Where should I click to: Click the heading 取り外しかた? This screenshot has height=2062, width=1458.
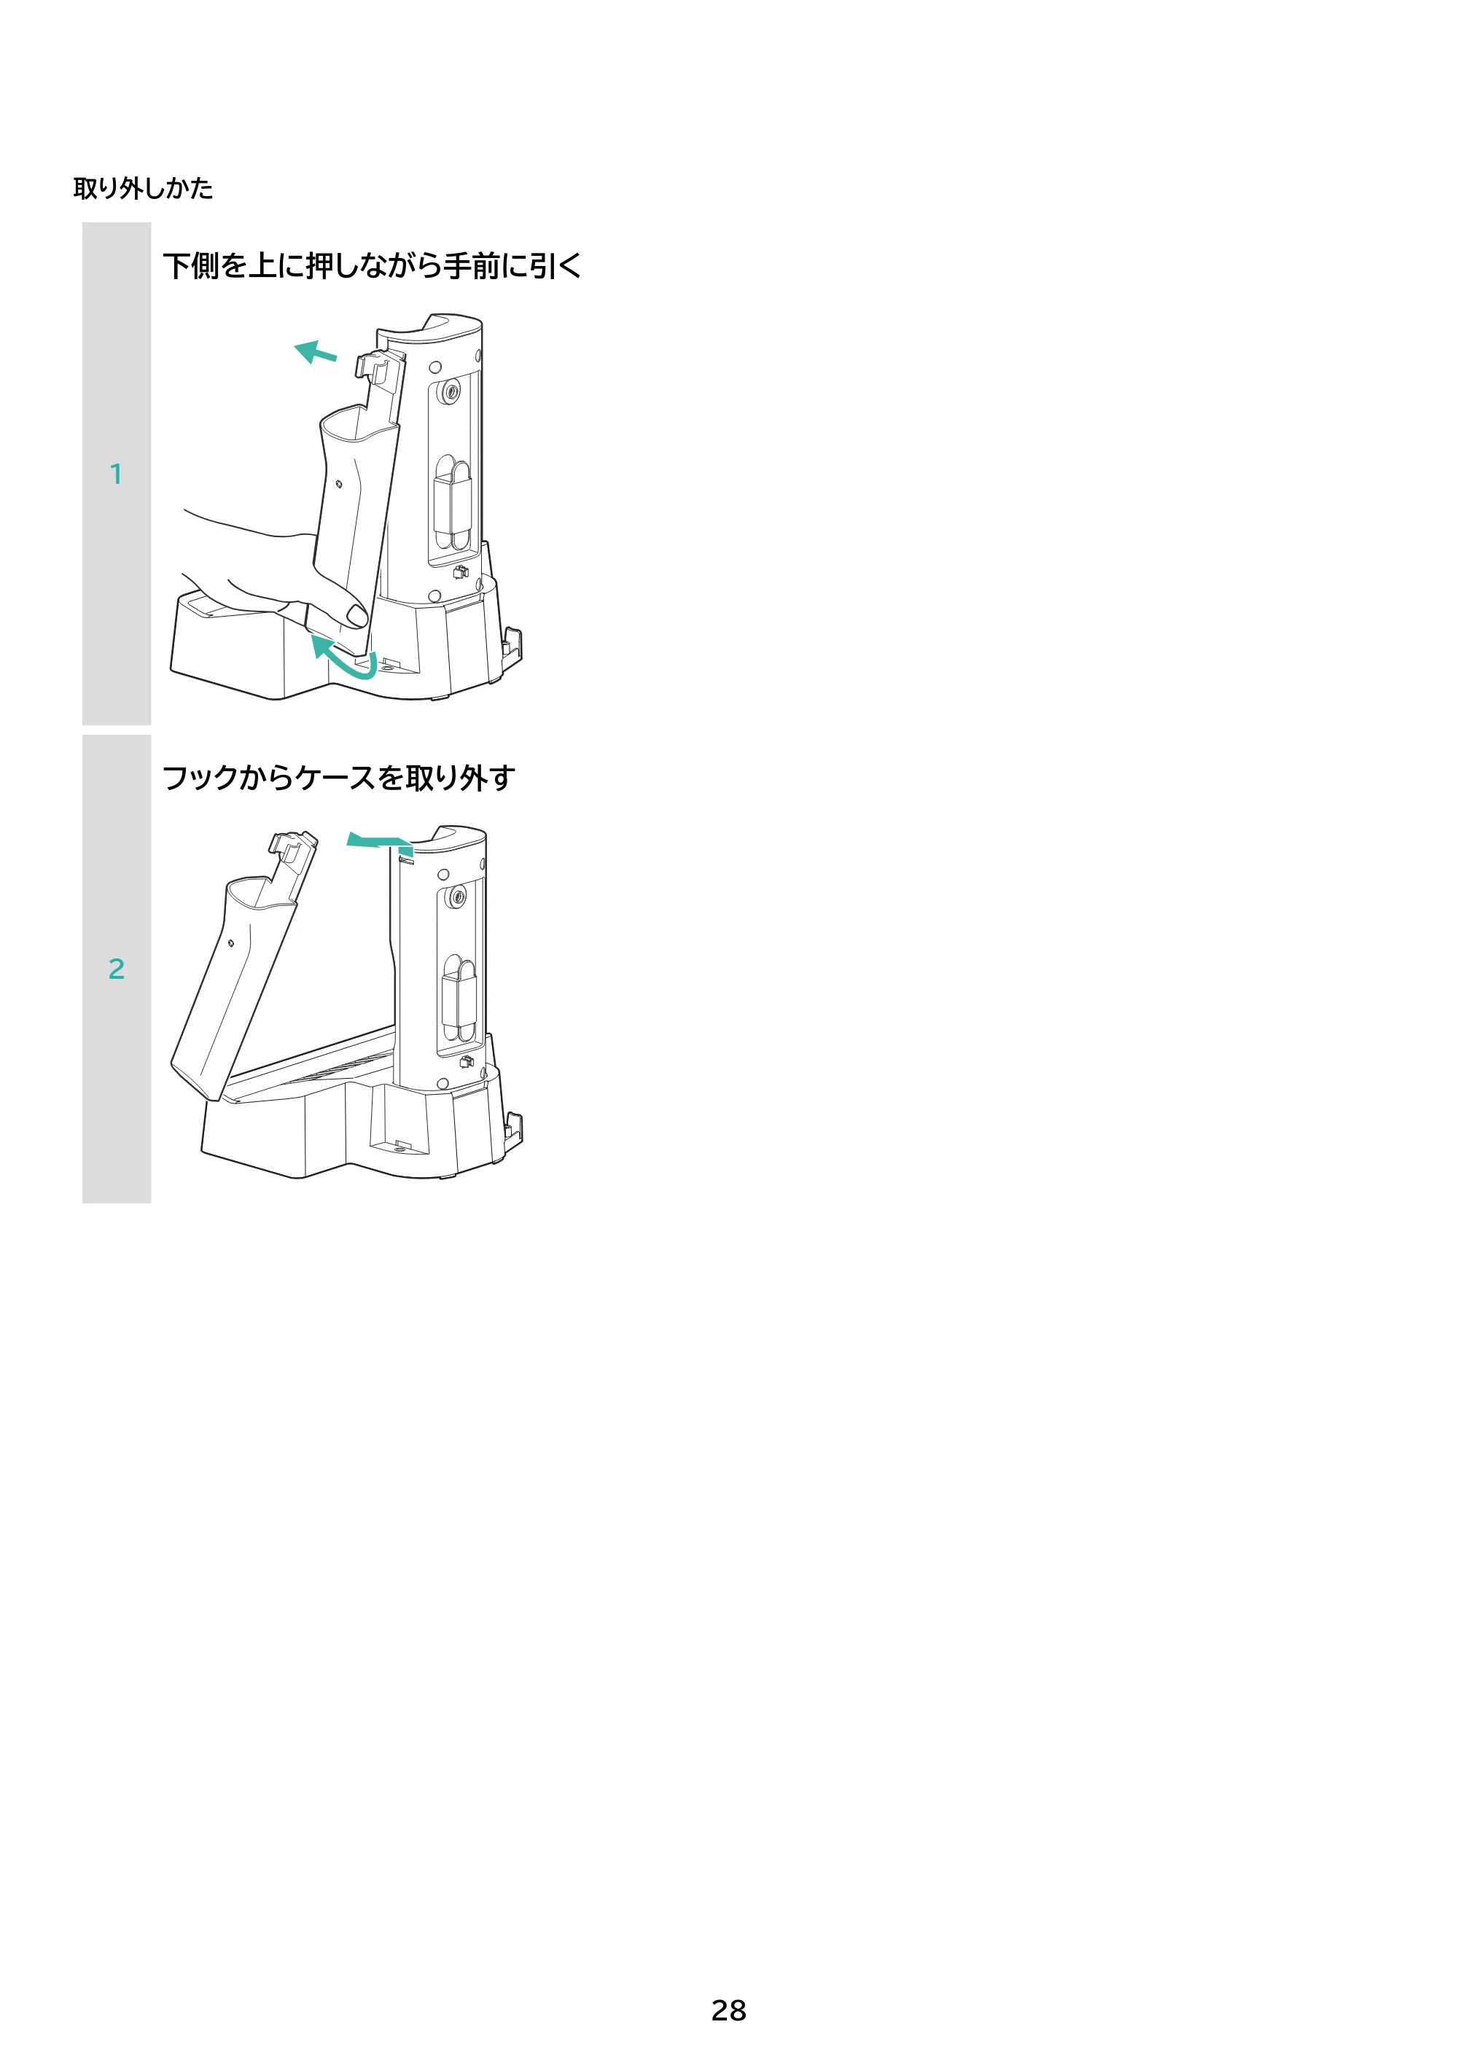[x=143, y=188]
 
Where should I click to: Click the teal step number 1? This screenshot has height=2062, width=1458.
[x=116, y=475]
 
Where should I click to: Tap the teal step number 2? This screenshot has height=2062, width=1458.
[x=116, y=969]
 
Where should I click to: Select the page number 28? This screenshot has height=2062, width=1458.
[x=728, y=2010]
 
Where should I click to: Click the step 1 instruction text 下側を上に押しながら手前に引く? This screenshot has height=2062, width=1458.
[x=372, y=266]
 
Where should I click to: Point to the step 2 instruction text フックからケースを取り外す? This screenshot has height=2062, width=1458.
[x=339, y=778]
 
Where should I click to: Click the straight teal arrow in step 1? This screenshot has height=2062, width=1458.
[x=316, y=351]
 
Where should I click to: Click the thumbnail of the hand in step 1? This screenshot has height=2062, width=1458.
[x=356, y=616]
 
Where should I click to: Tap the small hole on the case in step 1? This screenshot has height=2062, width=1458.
[x=339, y=484]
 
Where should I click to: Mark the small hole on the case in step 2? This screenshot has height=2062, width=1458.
[x=231, y=943]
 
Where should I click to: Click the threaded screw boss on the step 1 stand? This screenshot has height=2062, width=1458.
[x=450, y=391]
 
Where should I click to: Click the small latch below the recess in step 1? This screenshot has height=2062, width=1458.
[x=461, y=572]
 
